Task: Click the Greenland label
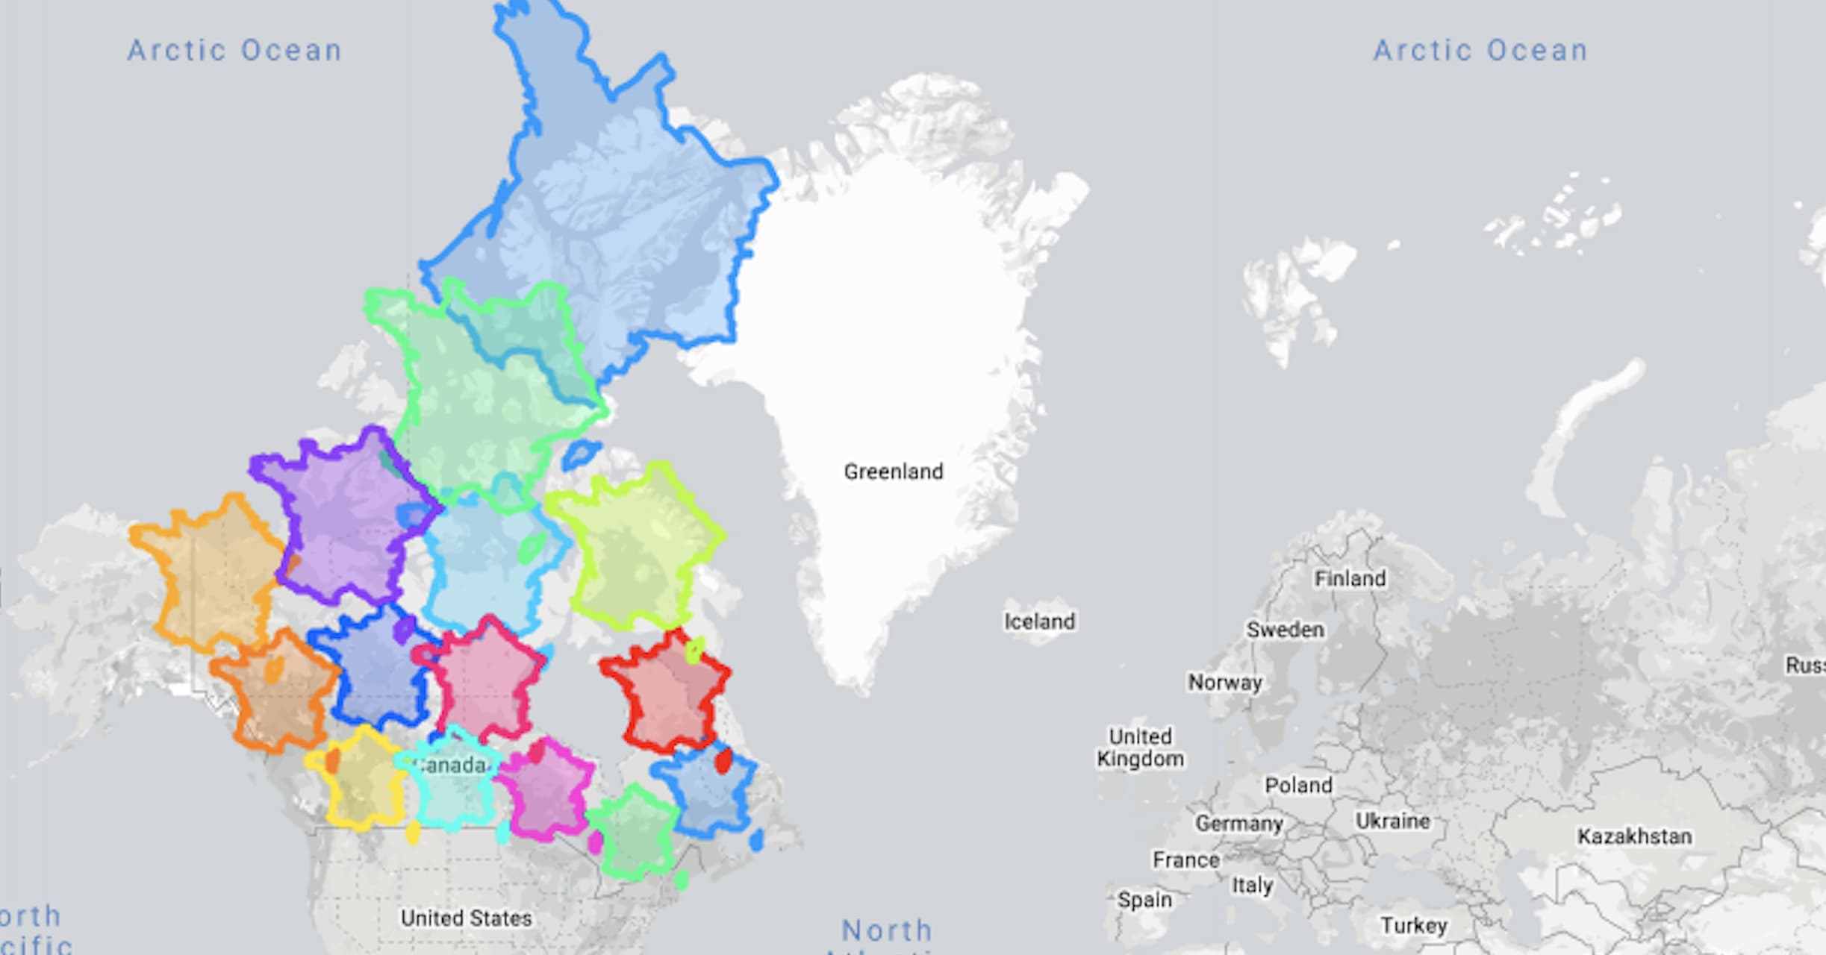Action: (x=894, y=472)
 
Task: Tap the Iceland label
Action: (x=1039, y=621)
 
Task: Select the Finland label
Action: (x=1350, y=578)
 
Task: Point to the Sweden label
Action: (x=1286, y=630)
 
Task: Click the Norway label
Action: (x=1225, y=682)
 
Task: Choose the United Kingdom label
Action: (x=1140, y=748)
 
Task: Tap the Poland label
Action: (x=1298, y=785)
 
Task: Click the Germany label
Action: (x=1238, y=823)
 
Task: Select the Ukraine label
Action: (x=1393, y=821)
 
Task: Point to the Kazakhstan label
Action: (x=1634, y=836)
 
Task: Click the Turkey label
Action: (x=1414, y=926)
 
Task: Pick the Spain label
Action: (x=1144, y=900)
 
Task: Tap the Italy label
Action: (x=1252, y=886)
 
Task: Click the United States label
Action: (x=466, y=918)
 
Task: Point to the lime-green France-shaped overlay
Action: (x=638, y=548)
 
